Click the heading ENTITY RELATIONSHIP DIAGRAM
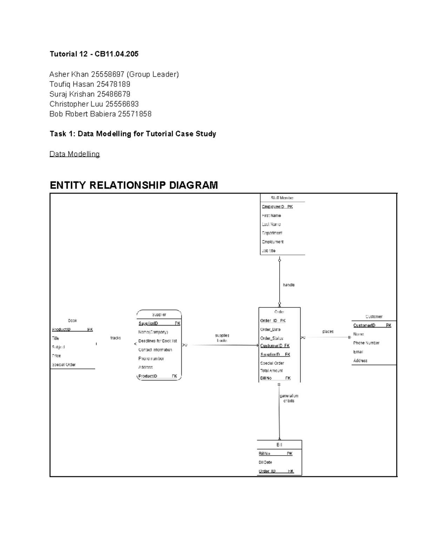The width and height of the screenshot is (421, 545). coord(134,185)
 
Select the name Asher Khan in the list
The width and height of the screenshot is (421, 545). coord(69,74)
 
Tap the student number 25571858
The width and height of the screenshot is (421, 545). coord(135,114)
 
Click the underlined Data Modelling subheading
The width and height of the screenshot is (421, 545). coord(74,154)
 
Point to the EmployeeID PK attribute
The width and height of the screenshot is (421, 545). coord(277,207)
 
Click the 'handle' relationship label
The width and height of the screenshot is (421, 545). coord(289,285)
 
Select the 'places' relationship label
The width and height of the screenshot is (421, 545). coord(328,332)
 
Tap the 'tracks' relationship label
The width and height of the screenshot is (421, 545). coord(115,338)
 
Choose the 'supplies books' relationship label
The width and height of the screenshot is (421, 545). coord(222,338)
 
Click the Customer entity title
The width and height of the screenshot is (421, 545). coord(374,317)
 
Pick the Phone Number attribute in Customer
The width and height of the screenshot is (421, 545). coord(366,343)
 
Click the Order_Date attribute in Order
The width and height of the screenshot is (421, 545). coord(270,330)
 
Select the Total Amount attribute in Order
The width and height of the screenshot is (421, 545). coord(271,371)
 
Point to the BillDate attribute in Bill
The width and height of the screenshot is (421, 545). coord(265,463)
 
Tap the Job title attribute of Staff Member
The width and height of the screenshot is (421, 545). coord(269,251)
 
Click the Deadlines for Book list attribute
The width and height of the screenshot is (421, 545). coord(158,341)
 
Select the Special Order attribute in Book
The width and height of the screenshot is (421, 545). coord(64,365)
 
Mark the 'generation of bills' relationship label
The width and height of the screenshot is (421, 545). coord(289,398)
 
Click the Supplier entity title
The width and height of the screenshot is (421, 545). coord(159,315)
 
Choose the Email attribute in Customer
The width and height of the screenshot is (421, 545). coord(358,352)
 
